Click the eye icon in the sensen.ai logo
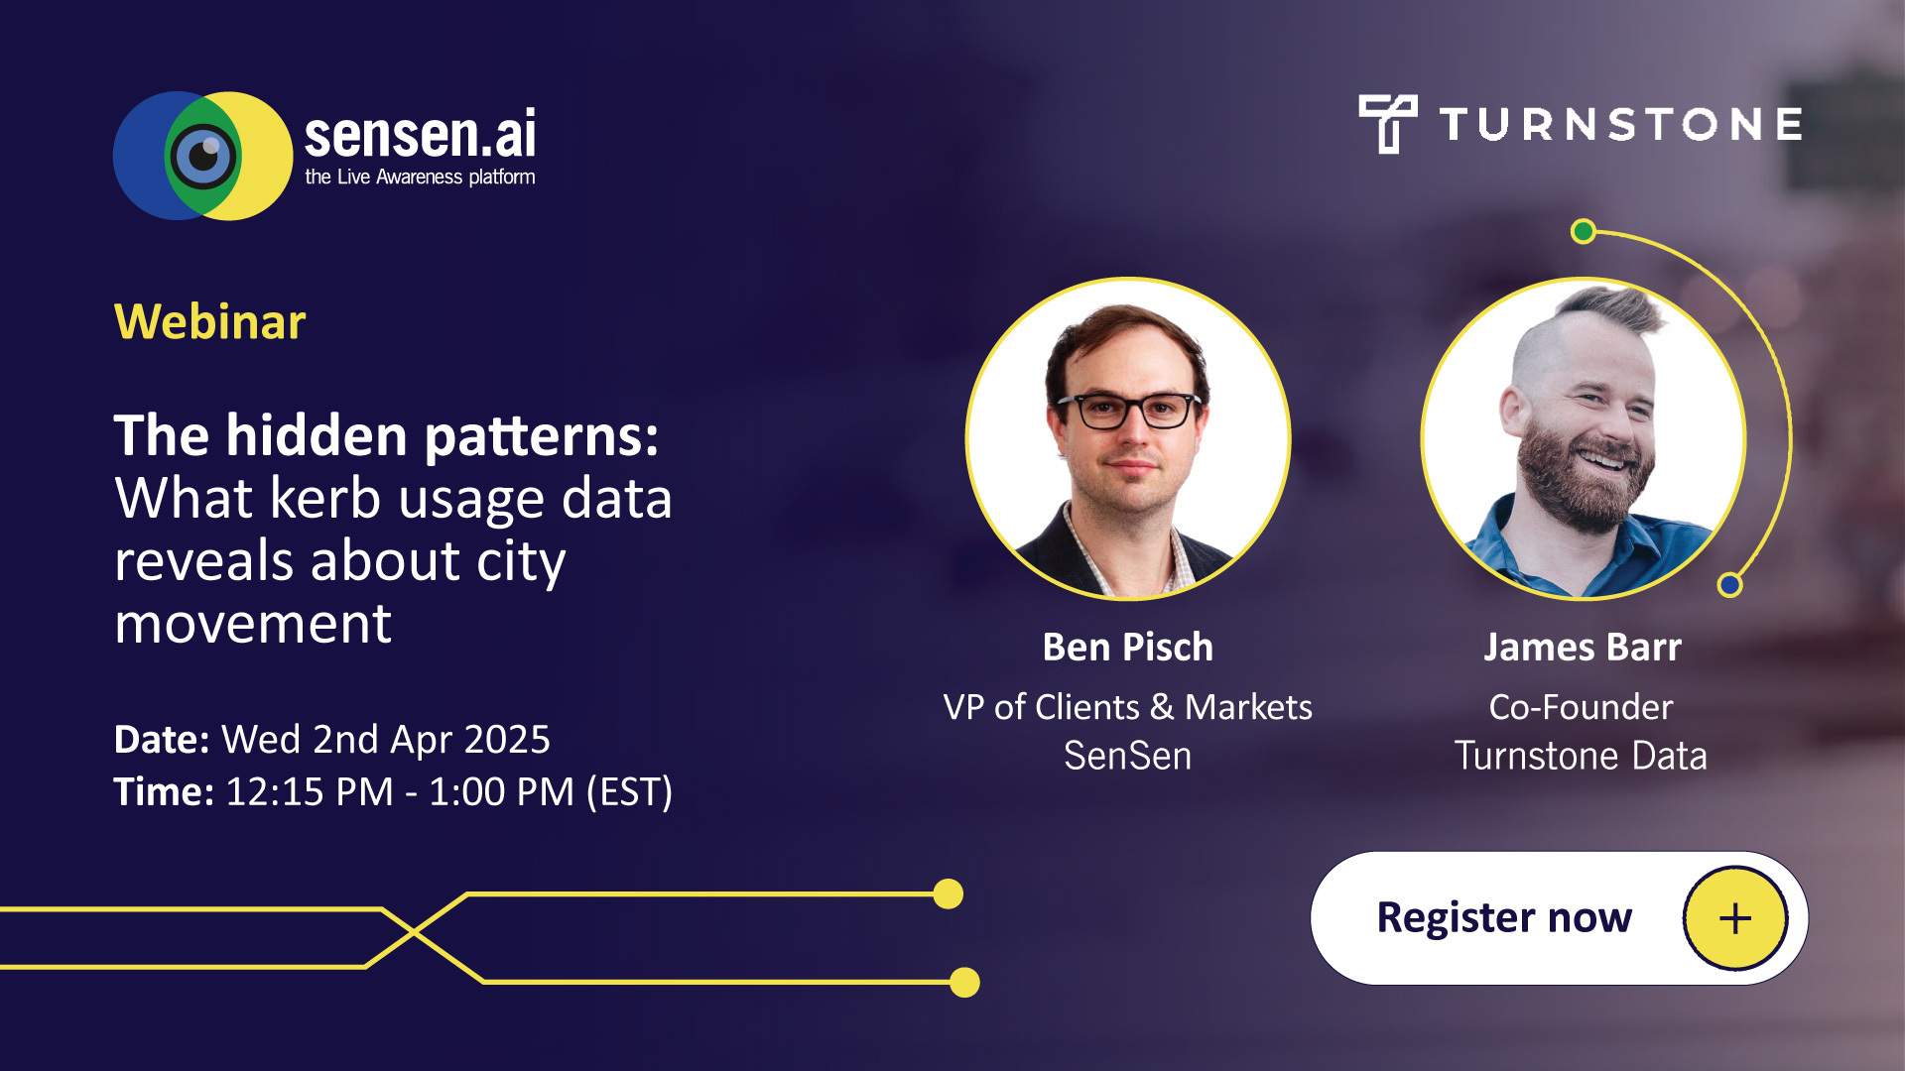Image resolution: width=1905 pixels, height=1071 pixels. pos(203,156)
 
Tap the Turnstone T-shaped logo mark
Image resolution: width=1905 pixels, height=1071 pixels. pos(1387,123)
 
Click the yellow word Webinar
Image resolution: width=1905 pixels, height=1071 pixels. pos(209,322)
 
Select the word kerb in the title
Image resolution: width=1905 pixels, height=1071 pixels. pos(325,498)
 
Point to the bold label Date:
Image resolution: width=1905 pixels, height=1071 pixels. pos(161,740)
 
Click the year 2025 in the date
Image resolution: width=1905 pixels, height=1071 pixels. pos(506,740)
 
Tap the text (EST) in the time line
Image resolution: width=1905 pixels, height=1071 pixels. pos(629,792)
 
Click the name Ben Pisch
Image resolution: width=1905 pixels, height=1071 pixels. pos(1127,648)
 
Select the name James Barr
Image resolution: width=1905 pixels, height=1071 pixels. pos(1582,648)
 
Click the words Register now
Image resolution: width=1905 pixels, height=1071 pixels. pos(1503,917)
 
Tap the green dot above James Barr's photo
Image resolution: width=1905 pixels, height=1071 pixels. pos(1584,232)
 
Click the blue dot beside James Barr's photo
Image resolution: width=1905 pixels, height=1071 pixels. pos(1729,585)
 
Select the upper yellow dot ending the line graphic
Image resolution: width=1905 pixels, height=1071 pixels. pos(949,893)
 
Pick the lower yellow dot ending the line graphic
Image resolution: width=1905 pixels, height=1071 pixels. pos(964,982)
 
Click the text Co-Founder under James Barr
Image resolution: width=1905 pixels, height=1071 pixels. pos(1581,707)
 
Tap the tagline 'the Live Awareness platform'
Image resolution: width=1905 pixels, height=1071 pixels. pos(420,178)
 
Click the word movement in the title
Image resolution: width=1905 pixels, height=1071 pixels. pos(253,624)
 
